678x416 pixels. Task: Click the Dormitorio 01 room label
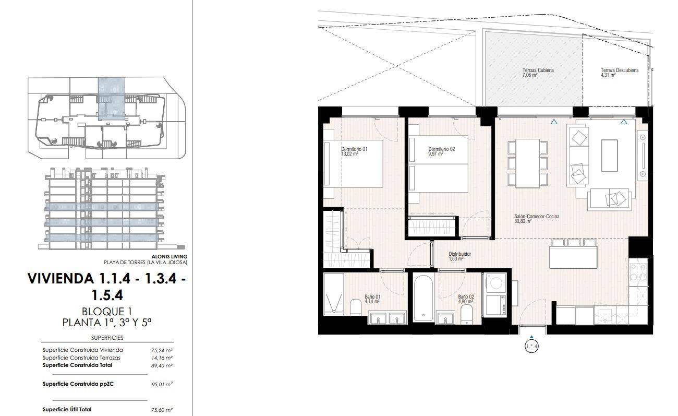354,149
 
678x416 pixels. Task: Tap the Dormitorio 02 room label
442,149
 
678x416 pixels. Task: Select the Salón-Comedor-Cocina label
537,216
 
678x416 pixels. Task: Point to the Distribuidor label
460,254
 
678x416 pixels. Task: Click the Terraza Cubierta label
538,70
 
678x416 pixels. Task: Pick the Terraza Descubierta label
620,70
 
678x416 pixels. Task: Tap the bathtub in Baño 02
423,298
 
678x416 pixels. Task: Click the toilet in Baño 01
356,307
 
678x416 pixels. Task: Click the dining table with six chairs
528,163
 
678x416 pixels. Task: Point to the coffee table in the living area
609,156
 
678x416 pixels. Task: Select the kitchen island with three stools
573,254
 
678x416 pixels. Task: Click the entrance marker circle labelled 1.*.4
531,346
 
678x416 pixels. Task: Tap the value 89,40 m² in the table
162,366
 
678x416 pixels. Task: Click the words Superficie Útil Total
67,409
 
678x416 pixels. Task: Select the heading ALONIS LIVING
169,257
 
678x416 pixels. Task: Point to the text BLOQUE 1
107,312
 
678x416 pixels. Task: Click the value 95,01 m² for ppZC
162,385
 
